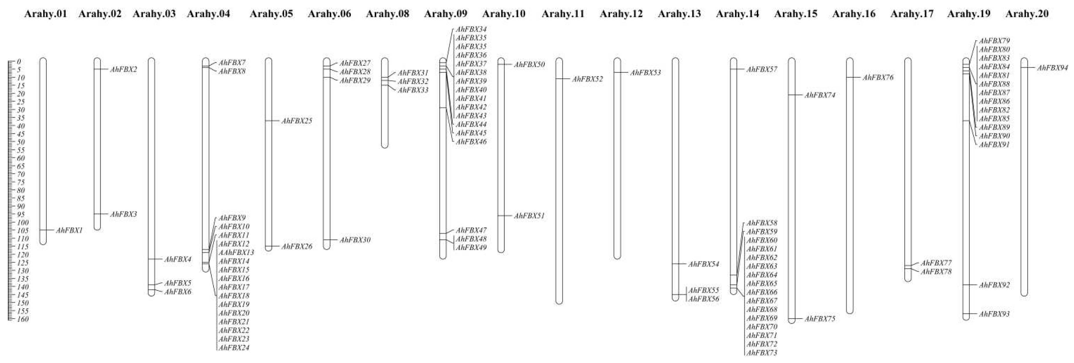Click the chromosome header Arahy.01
coord(46,14)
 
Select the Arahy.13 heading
coord(679,14)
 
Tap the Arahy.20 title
coord(1027,14)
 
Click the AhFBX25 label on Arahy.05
coord(297,121)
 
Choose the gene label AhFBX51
coord(529,216)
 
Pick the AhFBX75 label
coord(820,319)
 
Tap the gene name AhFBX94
coord(1052,68)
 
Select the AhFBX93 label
coord(994,314)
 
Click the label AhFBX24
coord(234,348)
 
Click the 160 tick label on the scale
coord(23,319)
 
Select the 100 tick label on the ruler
coord(23,222)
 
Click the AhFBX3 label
coord(123,214)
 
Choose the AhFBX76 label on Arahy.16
coord(878,77)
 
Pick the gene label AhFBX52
coord(587,79)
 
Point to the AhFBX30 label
coord(355,240)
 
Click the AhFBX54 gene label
coord(703,264)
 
